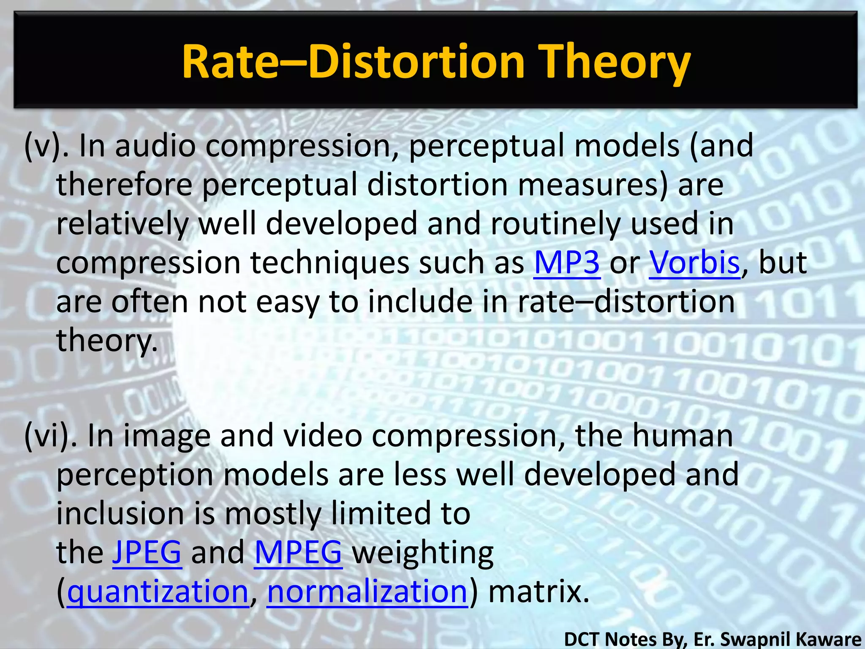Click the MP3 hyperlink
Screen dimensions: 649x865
coord(567,263)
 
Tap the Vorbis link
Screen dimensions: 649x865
coord(694,263)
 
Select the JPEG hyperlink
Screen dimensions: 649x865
coord(147,552)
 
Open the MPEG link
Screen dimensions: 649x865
coord(298,552)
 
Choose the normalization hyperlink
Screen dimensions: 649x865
coord(367,592)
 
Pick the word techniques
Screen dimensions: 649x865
coord(329,263)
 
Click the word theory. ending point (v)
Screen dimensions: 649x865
coord(107,341)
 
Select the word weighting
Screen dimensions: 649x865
coord(423,553)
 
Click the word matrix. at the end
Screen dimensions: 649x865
coord(539,592)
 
